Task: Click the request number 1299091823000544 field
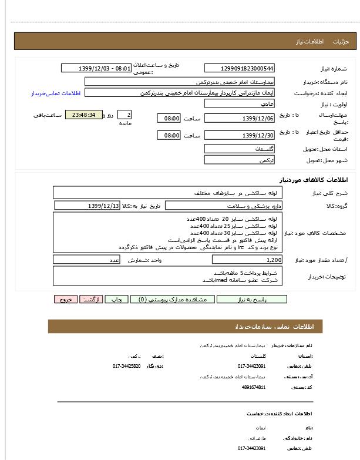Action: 239,68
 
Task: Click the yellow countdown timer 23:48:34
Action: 84,115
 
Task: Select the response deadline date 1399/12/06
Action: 239,119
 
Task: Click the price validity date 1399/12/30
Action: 239,136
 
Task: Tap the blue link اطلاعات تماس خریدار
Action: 55,93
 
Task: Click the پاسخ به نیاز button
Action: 252,299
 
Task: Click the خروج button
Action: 65,299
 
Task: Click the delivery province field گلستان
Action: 239,149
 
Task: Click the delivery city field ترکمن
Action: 239,160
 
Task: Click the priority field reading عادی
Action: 239,103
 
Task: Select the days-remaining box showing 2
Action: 125,115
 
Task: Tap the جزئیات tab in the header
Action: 341,42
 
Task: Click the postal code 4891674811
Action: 254,387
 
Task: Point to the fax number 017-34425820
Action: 127,365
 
